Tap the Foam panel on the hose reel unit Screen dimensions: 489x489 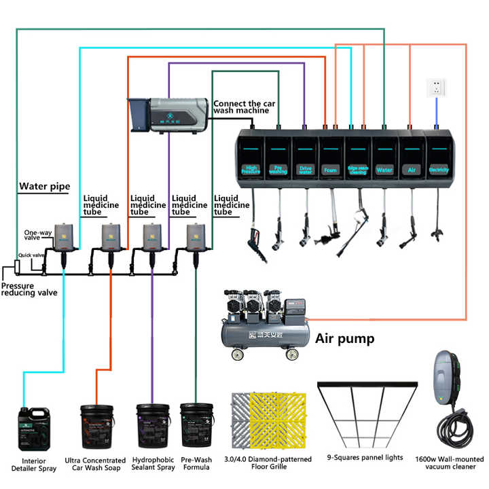[x=331, y=158]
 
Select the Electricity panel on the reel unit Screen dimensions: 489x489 [x=439, y=158]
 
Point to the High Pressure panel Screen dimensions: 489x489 [x=251, y=158]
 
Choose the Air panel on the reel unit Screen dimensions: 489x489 [x=412, y=158]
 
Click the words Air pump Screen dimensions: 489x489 [x=344, y=338]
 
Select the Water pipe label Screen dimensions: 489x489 [x=44, y=186]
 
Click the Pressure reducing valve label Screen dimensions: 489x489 [x=29, y=289]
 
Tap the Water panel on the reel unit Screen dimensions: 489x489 [x=384, y=158]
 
